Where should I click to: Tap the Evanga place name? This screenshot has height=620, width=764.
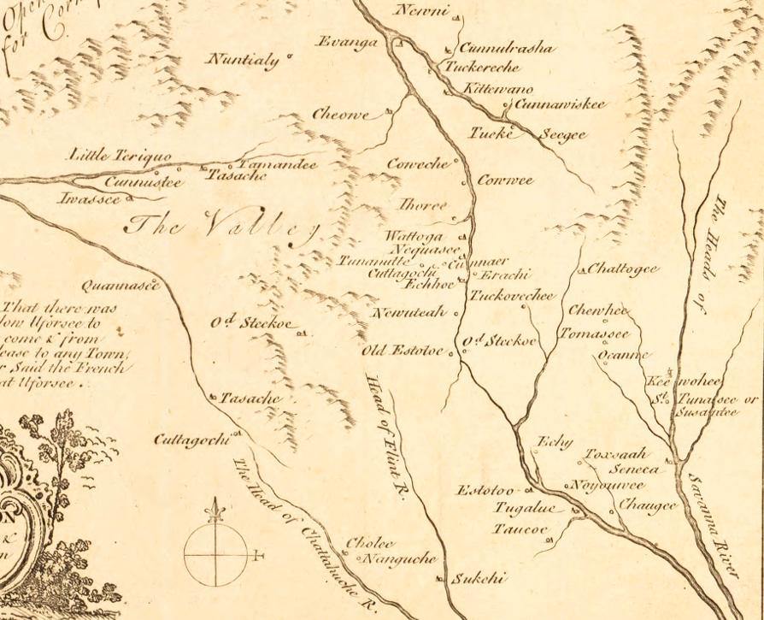pos(346,42)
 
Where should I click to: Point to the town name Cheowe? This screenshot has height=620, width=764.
pos(340,115)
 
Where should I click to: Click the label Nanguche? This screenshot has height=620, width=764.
pos(400,559)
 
